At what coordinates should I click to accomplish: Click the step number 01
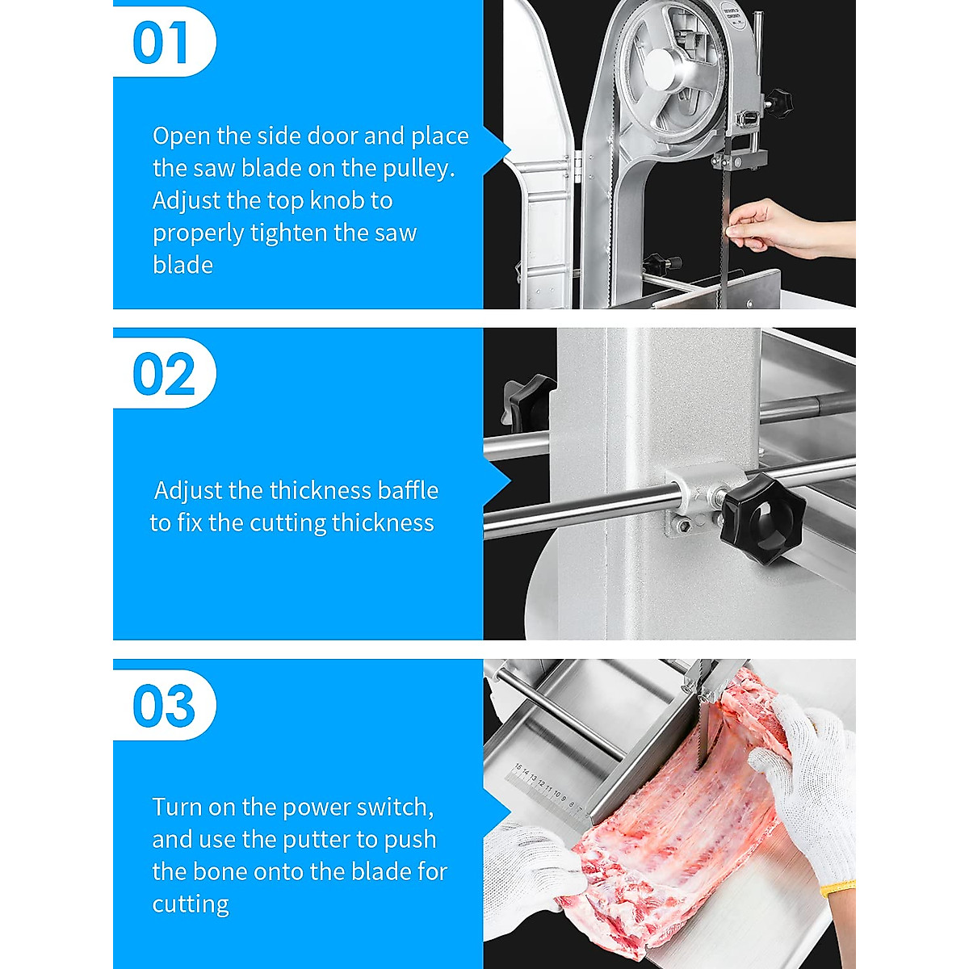tap(161, 43)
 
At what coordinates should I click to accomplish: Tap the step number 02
tap(164, 375)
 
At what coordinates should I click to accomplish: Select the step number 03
tap(164, 707)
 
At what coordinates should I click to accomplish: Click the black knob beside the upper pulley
tap(778, 103)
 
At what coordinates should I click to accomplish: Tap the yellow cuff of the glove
tap(837, 891)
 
